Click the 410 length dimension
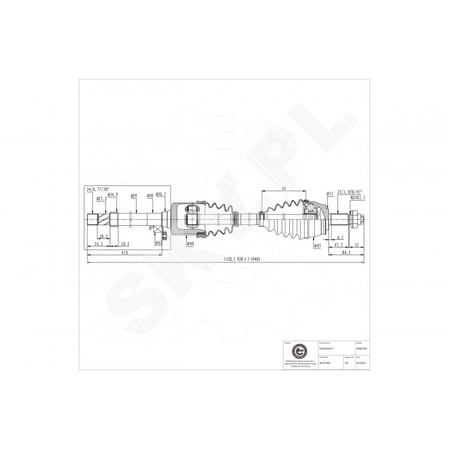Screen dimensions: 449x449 coord(125,254)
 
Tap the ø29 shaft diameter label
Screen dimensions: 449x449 coord(133,195)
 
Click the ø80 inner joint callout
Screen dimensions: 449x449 coord(190,244)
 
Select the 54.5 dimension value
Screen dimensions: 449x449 coord(99,244)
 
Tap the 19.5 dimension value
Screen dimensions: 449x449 coord(125,244)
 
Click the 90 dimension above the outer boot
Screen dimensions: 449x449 coord(283,189)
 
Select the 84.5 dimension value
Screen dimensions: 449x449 coord(346,253)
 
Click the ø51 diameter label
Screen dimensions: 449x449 coord(329,192)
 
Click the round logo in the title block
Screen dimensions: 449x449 coord(296,352)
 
